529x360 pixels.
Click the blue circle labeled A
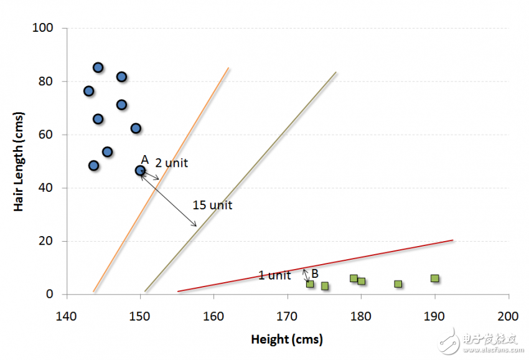[141, 170]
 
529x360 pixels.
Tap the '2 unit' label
[171, 163]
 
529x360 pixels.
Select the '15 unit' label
[212, 205]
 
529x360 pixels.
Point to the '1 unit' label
[274, 275]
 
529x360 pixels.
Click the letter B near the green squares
[315, 273]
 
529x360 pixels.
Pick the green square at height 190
[434, 278]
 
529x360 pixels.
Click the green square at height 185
[398, 284]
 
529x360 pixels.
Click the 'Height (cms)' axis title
[287, 339]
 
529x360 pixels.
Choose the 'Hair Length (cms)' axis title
[19, 161]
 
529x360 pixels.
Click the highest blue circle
[98, 67]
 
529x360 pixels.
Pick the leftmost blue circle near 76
[88, 91]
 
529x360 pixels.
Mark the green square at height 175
[324, 286]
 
